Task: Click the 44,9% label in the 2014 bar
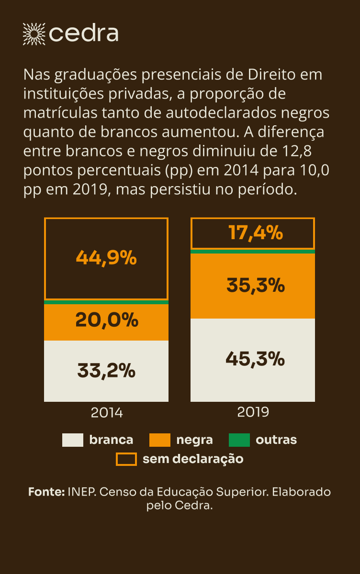tap(106, 258)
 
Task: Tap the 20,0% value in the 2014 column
tap(106, 320)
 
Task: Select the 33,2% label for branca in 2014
tap(106, 371)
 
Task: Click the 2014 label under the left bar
tap(107, 412)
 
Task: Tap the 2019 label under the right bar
tap(253, 411)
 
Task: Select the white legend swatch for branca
tap(73, 440)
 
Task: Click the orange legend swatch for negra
tap(160, 440)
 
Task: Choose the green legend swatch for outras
tap(239, 440)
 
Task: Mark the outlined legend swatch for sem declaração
tap(126, 459)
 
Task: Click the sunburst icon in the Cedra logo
tap(34, 33)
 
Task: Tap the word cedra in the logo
tap(84, 34)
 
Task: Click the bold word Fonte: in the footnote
tap(46, 492)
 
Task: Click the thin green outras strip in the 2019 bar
tap(253, 251)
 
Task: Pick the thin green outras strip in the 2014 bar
tap(106, 302)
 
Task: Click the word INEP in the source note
tap(81, 492)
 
